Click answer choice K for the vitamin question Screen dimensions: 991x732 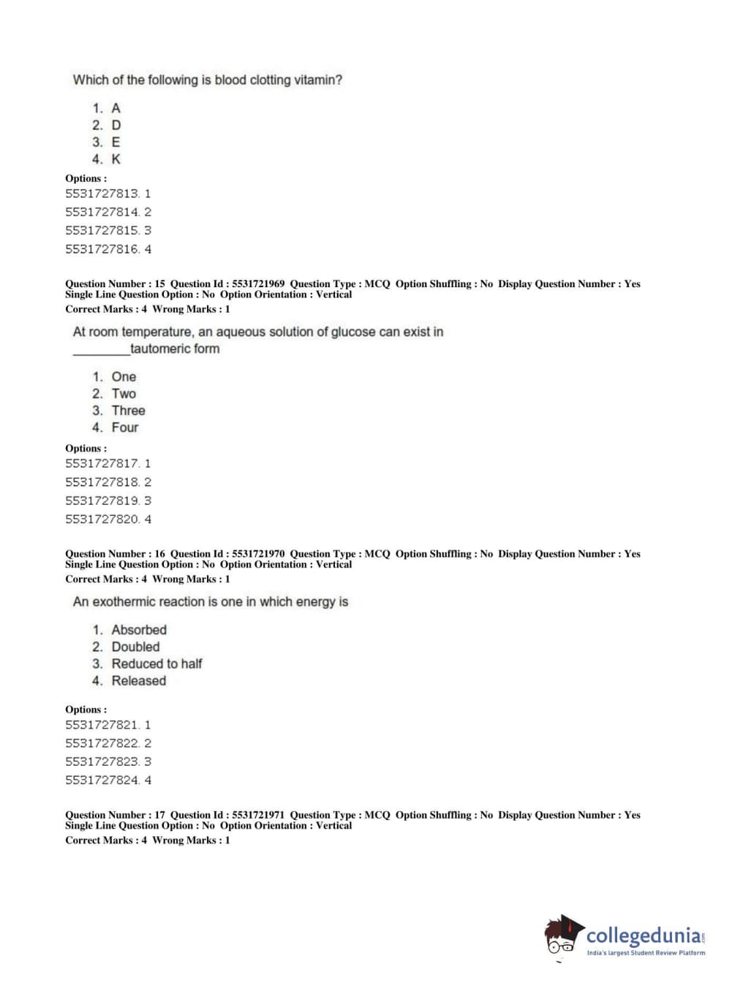(x=116, y=159)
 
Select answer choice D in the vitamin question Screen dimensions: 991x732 (x=116, y=126)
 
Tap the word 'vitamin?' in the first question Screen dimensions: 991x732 (x=318, y=80)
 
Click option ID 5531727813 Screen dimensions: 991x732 (x=102, y=194)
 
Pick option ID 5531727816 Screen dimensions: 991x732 (x=102, y=249)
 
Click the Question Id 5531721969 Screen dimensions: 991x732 (x=258, y=284)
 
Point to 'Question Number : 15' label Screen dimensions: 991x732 (x=115, y=284)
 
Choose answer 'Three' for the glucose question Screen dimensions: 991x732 (x=128, y=411)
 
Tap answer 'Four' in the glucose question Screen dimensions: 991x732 (x=124, y=428)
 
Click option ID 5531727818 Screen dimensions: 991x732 (x=102, y=482)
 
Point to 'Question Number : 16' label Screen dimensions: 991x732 (x=115, y=554)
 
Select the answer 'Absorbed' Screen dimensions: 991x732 (x=139, y=630)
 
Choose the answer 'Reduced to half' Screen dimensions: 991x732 (x=156, y=664)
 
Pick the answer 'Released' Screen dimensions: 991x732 (x=138, y=681)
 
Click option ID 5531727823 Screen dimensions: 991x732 (x=102, y=762)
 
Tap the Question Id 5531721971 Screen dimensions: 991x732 (x=258, y=815)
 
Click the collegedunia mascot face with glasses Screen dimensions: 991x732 (x=561, y=939)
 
